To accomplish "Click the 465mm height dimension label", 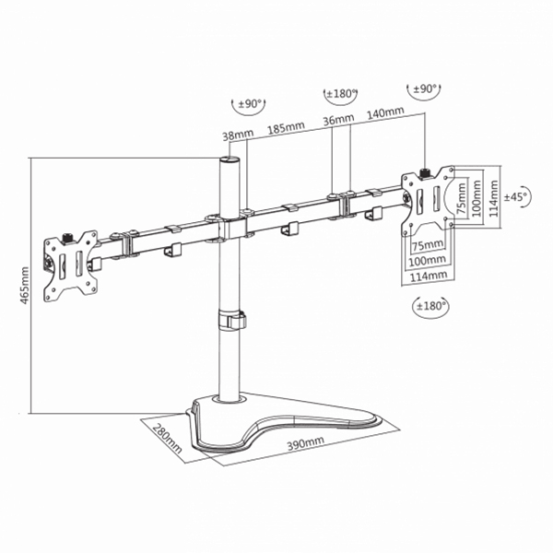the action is (x=24, y=285).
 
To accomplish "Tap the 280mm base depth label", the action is (x=168, y=439).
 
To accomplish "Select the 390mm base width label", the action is (x=305, y=443).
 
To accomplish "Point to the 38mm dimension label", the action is (x=238, y=135).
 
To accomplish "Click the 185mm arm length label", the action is (x=286, y=128).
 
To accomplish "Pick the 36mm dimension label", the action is (x=338, y=119).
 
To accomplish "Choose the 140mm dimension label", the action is (x=385, y=112).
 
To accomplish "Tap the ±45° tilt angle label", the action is (x=516, y=196).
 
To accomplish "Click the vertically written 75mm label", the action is (x=461, y=198).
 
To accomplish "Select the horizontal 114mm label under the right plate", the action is (x=429, y=276).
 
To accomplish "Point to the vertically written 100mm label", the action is (x=477, y=198).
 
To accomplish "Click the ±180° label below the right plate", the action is (x=430, y=306).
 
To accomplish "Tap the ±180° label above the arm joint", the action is (x=341, y=94).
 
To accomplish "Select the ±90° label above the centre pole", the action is (x=250, y=104).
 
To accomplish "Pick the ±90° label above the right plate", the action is (x=425, y=88).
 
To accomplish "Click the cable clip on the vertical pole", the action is (x=232, y=320).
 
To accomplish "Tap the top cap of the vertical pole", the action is (x=229, y=159).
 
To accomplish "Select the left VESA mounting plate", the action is (x=71, y=266).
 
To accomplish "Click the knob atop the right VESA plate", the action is (x=424, y=173).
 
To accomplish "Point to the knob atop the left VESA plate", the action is (x=67, y=238).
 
